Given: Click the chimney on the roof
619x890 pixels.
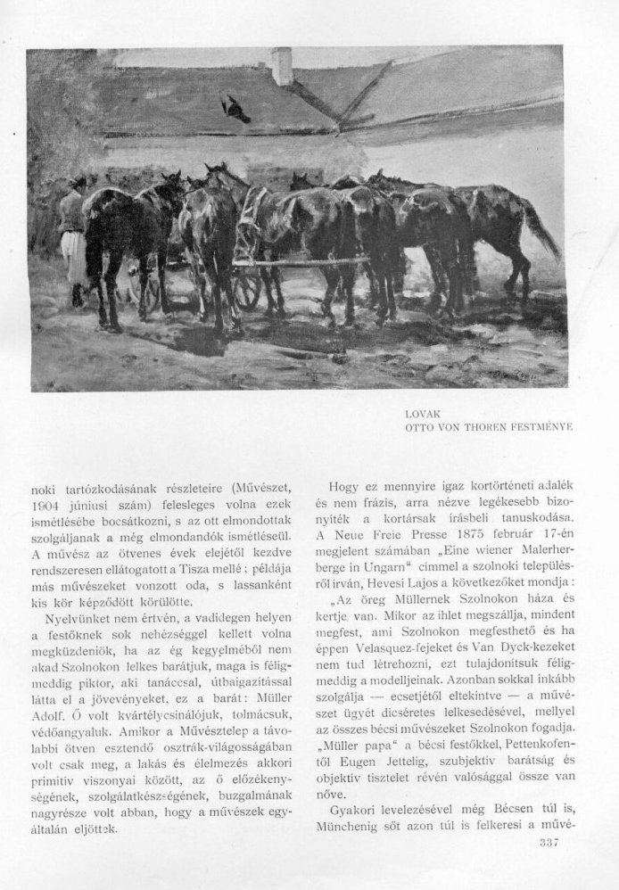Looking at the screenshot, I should click(x=282, y=66).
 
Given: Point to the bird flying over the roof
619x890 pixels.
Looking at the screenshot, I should click(x=236, y=108).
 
